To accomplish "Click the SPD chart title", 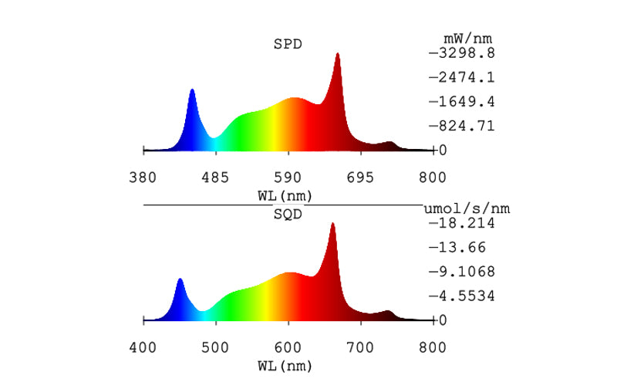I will [288, 43].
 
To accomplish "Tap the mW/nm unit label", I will [467, 38].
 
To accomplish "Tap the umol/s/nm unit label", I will [467, 208].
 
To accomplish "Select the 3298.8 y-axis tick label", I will [465, 53].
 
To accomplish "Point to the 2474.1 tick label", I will [465, 77].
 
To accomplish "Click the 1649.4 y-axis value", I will [465, 101].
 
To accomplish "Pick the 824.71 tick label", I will [465, 125].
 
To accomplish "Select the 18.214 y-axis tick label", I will [465, 223].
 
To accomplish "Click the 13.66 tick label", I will [460, 247].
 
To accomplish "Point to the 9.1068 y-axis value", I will [465, 271].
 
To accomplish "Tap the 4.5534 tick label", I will [465, 295].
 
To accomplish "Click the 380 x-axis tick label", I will [143, 178].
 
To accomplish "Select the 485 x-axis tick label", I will [215, 178].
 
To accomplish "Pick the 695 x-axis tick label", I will [360, 178].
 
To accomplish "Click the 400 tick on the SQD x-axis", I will [143, 348].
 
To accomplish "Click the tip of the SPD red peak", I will [337, 53].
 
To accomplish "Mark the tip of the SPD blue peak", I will [192, 90].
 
